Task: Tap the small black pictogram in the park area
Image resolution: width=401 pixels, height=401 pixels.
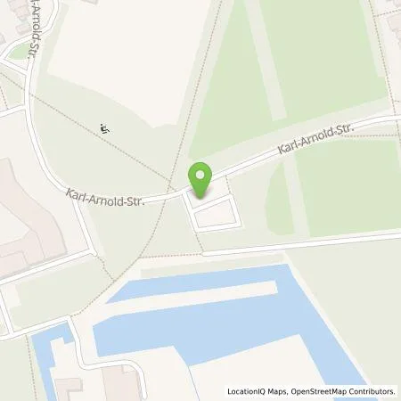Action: (105, 127)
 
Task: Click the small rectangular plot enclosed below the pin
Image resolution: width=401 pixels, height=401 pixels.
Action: (215, 214)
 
